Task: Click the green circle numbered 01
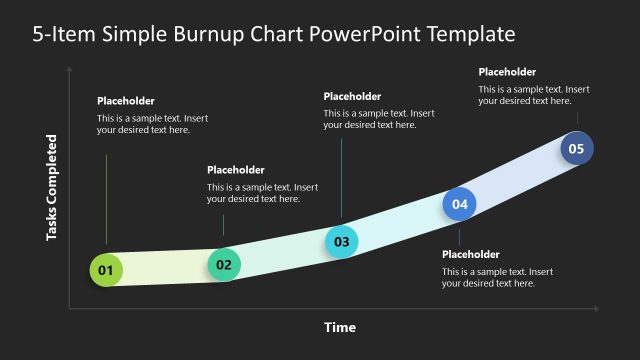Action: [x=105, y=270]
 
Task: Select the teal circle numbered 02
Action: [x=224, y=265]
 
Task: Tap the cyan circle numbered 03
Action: [x=342, y=241]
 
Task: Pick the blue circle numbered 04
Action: [x=460, y=204]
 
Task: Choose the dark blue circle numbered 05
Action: [x=576, y=149]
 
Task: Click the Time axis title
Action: [x=340, y=327]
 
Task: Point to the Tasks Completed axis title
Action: [x=52, y=189]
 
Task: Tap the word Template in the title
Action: [x=471, y=35]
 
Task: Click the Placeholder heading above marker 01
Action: [x=126, y=101]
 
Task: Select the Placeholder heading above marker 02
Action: [x=236, y=170]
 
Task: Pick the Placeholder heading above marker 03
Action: [x=352, y=96]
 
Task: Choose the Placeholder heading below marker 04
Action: [x=470, y=254]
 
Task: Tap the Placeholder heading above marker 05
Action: [x=507, y=72]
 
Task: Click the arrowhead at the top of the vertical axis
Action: [x=69, y=71]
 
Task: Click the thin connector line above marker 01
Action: [x=105, y=200]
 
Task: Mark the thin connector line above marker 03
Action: [x=342, y=180]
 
